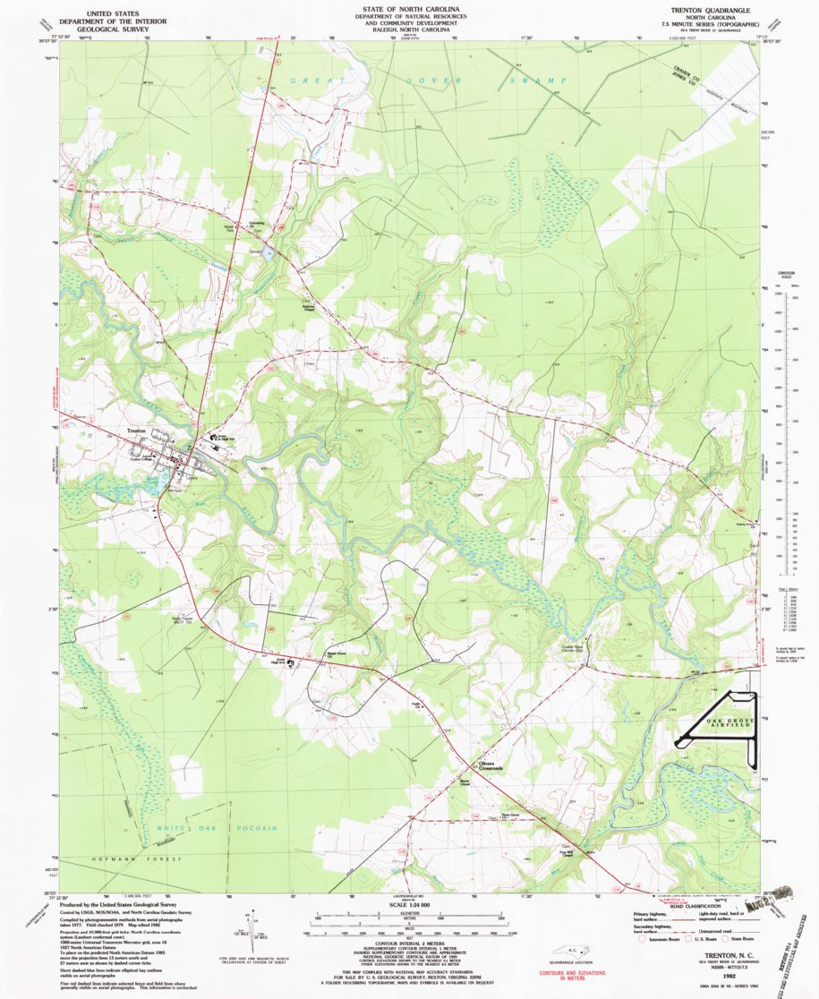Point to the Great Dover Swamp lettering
click(x=421, y=81)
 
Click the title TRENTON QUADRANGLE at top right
click(x=706, y=8)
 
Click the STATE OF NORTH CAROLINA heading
click(x=408, y=7)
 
